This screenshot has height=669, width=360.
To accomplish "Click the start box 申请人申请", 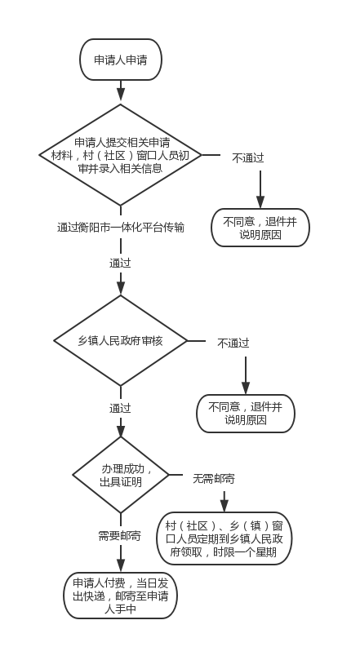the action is pos(121,60).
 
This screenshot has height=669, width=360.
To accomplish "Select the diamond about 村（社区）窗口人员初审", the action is pos(121,155).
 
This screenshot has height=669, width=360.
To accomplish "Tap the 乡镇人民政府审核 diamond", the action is pos(121,340).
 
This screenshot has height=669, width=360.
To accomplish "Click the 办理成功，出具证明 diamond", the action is pos(121,475).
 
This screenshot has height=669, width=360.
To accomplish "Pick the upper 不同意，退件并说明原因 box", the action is pos(260,228).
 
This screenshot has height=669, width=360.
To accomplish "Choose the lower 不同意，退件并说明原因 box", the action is pos(246,414).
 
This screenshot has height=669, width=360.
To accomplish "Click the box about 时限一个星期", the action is pos(224,538).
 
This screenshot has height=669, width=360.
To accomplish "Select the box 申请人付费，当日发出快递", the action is pos(121,596).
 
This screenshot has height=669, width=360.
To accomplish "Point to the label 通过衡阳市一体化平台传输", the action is pos(121,227).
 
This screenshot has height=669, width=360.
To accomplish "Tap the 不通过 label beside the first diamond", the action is pos(248,157).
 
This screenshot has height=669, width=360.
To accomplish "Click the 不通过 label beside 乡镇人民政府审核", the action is pos(233,343).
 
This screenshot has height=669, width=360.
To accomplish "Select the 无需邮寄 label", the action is pos(214,479).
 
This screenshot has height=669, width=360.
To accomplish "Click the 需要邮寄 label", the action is pos(119,536).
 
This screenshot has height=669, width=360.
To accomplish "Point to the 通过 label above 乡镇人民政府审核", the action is pos(120,263).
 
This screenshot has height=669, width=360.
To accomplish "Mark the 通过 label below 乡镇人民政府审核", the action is pos(120,408).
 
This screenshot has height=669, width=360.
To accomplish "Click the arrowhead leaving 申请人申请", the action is pos(121,95).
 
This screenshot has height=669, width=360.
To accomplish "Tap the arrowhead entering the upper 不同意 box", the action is pos(260,202).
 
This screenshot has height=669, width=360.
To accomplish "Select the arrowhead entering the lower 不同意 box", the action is pos(246,388).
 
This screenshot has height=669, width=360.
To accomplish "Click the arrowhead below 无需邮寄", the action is pos(224,506).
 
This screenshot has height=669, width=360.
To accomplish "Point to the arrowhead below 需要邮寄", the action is pos(121,565).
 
